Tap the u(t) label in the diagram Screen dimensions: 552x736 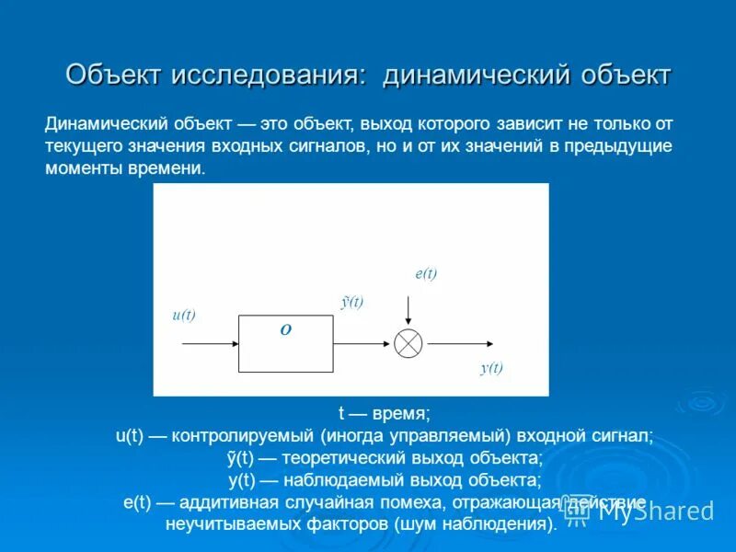[x=184, y=315]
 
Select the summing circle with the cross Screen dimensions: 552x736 [x=408, y=343]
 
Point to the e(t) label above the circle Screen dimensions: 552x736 [x=426, y=274]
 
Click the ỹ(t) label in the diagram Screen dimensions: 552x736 [x=352, y=302]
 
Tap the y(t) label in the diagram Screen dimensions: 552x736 [x=491, y=368]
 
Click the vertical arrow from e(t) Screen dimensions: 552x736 [x=408, y=311]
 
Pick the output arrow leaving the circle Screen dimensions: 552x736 [x=460, y=343]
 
